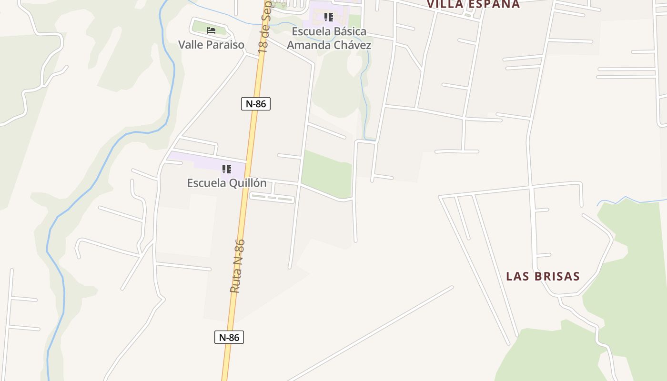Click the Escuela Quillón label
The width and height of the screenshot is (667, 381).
click(227, 183)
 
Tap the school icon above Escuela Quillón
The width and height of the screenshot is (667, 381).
click(227, 169)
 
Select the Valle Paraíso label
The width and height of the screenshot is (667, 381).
click(211, 45)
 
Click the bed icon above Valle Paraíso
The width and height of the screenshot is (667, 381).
click(211, 30)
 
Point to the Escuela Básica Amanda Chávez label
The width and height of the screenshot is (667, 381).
click(329, 39)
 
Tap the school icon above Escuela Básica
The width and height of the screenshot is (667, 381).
click(328, 18)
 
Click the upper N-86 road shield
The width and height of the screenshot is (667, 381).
click(256, 104)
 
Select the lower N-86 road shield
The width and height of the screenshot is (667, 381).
click(229, 338)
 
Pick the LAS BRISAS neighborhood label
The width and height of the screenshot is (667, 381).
click(543, 277)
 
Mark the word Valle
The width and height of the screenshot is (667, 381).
click(189, 45)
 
